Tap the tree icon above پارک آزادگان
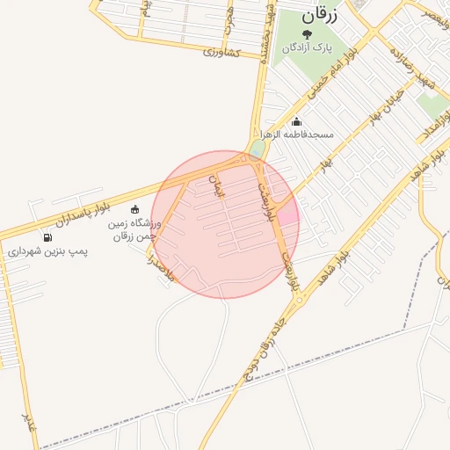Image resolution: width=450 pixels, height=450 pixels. pyautogui.click(x=307, y=33)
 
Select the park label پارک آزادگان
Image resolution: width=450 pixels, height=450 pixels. pyautogui.click(x=307, y=47)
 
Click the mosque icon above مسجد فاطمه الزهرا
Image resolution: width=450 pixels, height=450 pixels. pyautogui.click(x=297, y=122)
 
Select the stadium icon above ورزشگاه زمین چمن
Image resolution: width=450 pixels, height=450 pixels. pyautogui.click(x=134, y=209)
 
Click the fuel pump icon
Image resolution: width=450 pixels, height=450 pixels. pyautogui.click(x=47, y=237)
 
